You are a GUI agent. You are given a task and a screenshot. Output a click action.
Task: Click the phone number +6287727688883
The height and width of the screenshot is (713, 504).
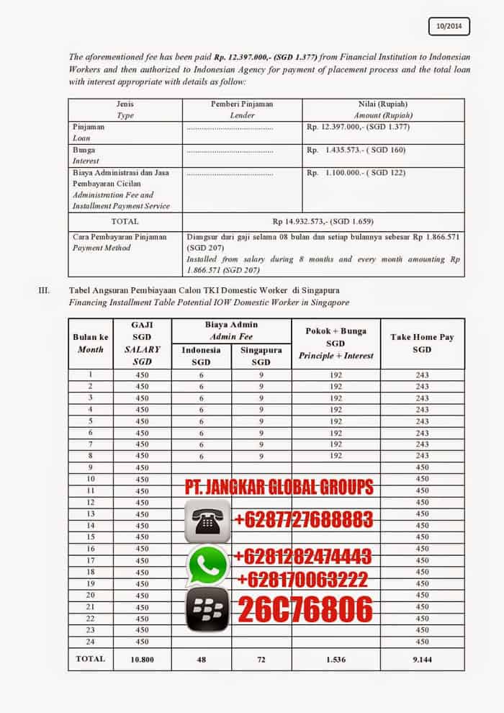click(x=302, y=519)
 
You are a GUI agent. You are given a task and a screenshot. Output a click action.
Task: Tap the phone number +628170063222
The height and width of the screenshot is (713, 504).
click(x=302, y=579)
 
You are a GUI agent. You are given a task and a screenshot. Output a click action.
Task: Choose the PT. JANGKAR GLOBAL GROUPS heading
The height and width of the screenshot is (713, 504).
click(x=279, y=488)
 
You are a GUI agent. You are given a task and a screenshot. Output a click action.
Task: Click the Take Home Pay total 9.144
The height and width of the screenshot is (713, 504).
click(x=422, y=659)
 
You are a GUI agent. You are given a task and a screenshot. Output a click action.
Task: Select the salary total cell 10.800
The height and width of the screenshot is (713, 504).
click(x=141, y=659)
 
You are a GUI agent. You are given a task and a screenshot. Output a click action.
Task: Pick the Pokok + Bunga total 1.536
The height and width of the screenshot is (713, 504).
click(x=335, y=659)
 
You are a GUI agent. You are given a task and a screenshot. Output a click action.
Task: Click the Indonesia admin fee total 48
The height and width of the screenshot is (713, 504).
click(x=202, y=659)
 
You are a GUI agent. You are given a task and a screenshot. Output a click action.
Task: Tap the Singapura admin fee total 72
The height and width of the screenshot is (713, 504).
click(x=261, y=659)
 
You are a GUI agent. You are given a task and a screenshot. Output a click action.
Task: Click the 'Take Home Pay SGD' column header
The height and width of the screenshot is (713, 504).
click(x=422, y=343)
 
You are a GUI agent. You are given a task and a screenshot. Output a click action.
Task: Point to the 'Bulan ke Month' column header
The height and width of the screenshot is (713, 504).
click(x=91, y=343)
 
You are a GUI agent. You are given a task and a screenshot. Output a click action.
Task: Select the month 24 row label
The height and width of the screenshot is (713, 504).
click(x=91, y=641)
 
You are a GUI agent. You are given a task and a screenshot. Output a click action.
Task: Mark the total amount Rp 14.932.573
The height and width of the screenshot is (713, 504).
click(x=323, y=221)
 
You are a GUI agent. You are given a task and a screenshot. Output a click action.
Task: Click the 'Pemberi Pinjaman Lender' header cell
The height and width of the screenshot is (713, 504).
click(x=242, y=109)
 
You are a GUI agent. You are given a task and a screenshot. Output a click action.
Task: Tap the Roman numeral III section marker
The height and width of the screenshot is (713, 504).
click(x=43, y=290)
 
